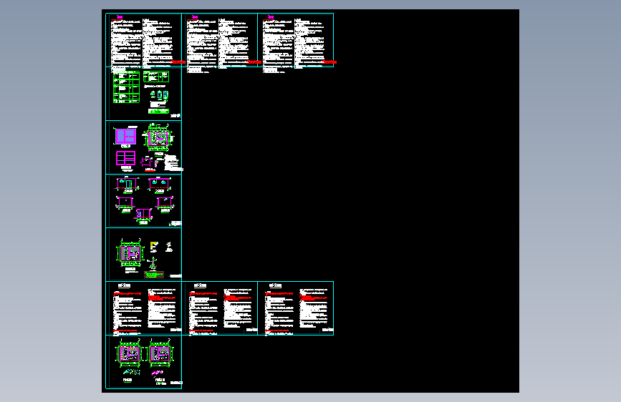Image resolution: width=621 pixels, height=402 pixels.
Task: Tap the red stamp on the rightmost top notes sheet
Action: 330,64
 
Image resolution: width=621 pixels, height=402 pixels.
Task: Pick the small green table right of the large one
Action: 155,76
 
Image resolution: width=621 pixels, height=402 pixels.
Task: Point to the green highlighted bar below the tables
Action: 156,110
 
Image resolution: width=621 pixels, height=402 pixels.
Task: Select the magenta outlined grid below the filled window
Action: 125,158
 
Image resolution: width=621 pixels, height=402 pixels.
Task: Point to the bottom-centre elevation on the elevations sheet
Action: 144,212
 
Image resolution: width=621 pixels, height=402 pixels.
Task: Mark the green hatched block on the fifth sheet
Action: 151,274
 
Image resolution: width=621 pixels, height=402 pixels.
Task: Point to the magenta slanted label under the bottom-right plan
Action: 158,372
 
